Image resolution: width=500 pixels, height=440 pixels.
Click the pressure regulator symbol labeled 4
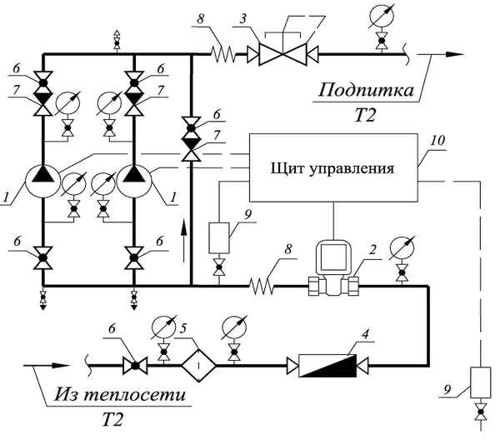point(323,364)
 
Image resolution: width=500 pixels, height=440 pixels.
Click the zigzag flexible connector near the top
point(224,56)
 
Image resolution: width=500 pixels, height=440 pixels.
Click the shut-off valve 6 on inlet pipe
point(130,364)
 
